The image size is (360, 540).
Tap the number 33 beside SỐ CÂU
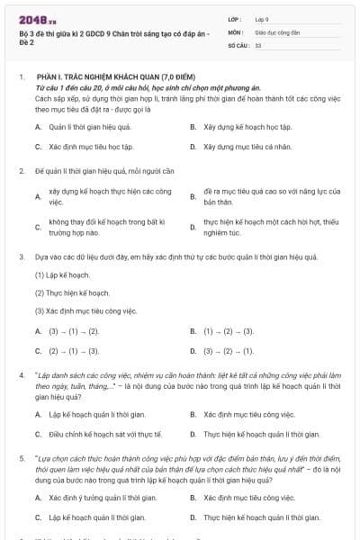pyautogui.click(x=258, y=44)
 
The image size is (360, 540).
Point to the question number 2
pyautogui.click(x=21, y=170)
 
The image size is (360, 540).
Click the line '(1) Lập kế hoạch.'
pyautogui.click(x=62, y=274)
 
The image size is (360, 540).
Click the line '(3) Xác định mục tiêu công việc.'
pyautogui.click(x=86, y=310)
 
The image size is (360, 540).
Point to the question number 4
pyautogui.click(x=21, y=373)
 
